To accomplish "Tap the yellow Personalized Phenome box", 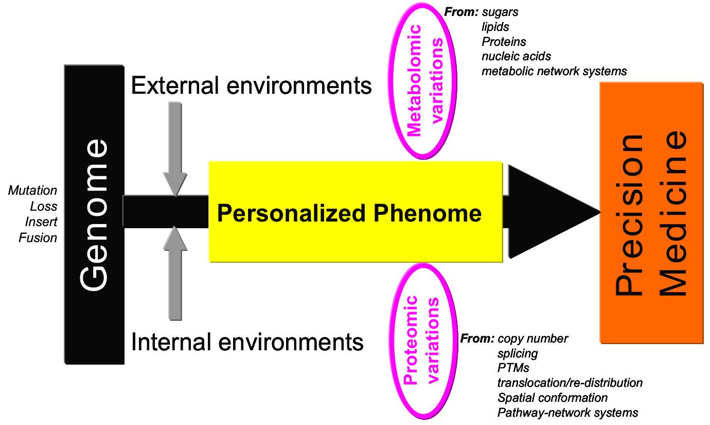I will (355, 212).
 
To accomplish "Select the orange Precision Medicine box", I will (651, 213).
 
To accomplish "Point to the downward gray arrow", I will (175, 147).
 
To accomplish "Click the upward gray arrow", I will (175, 273).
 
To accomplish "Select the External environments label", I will (251, 85).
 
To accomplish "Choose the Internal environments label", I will (247, 342).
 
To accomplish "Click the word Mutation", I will (32, 191).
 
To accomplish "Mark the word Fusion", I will (38, 238).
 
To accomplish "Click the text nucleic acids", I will (516, 56).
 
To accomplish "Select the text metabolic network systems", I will (554, 71).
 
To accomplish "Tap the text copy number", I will (532, 338).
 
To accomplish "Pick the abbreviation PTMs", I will (513, 368).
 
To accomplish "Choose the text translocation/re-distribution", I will (570, 383).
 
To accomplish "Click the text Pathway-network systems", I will (567, 413).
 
